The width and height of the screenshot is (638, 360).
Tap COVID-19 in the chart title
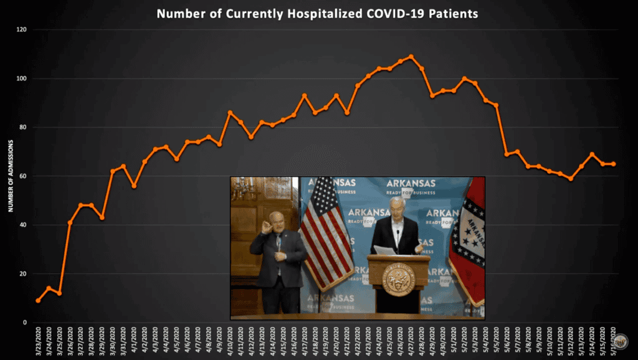[x=391, y=13]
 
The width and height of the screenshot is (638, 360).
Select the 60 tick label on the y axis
[x=22, y=176]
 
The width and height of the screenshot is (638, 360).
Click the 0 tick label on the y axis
[x=24, y=323]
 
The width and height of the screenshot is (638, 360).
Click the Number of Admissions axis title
[x=11, y=176]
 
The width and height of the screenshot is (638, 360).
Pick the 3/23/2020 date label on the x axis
[x=39, y=341]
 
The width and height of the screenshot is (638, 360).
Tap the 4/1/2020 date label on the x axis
[x=134, y=341]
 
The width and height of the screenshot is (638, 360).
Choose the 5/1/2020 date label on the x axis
[x=454, y=341]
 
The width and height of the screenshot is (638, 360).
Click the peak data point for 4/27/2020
[x=411, y=57]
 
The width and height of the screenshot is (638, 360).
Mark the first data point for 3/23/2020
[x=38, y=301]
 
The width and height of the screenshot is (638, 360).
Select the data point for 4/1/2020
[x=134, y=186]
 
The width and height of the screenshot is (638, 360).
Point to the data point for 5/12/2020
[x=571, y=179]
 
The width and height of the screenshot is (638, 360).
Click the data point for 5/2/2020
[x=464, y=78]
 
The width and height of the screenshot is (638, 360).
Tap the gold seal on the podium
[x=398, y=279]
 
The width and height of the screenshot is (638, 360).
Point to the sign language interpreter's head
[x=276, y=222]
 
